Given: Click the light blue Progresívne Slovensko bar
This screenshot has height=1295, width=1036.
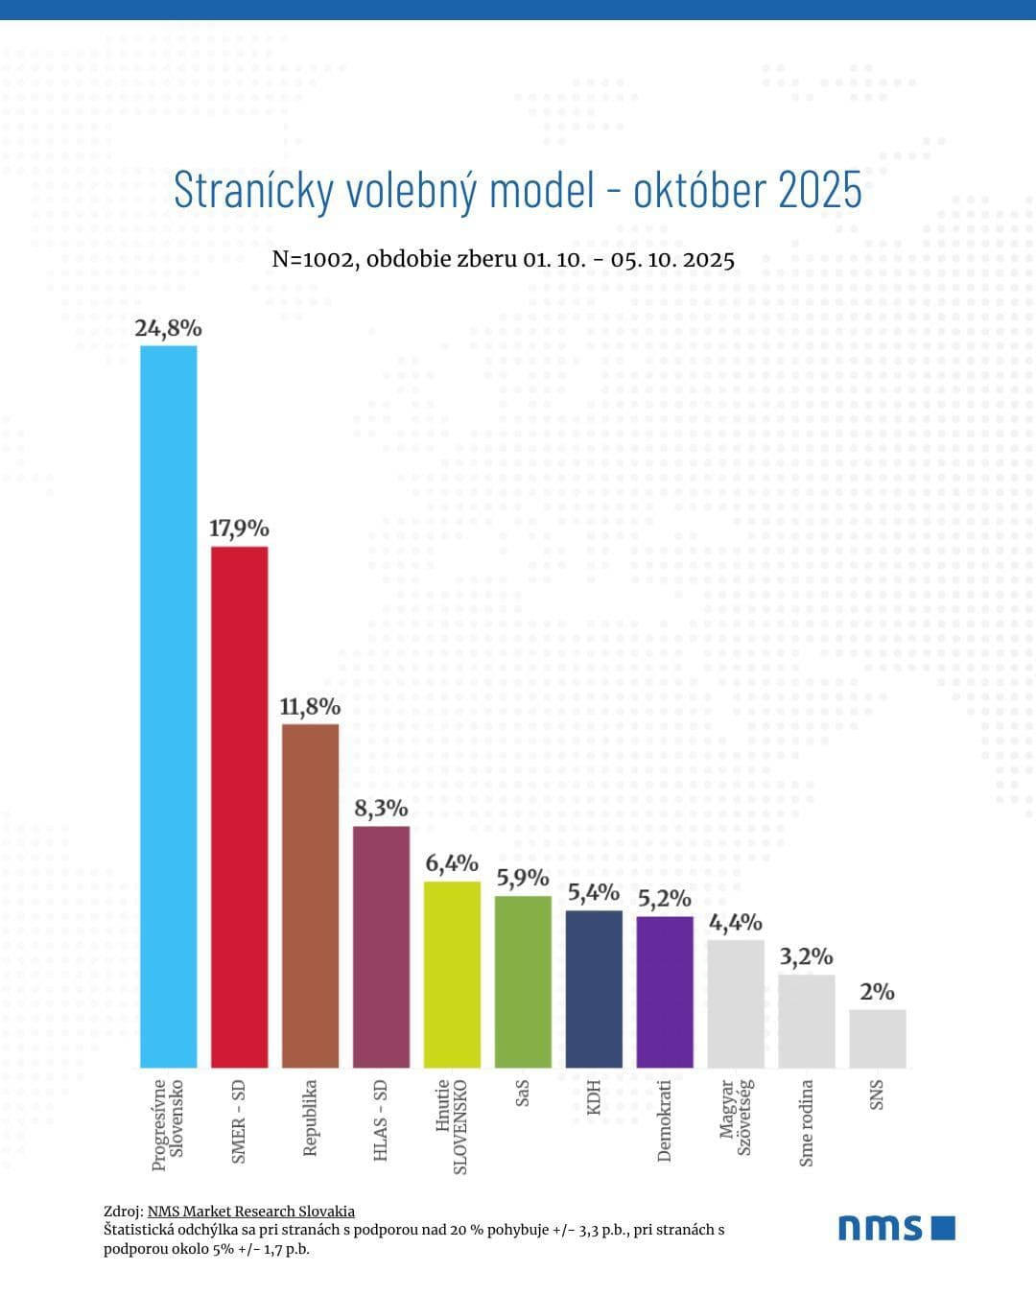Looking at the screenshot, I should [169, 706].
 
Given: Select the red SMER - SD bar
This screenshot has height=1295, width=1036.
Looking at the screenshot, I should [240, 807].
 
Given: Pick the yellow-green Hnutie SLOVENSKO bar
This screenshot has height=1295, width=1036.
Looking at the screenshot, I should [452, 974].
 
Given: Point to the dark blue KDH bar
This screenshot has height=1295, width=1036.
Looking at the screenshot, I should [594, 989].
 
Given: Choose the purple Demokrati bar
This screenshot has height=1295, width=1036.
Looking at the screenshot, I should [665, 992].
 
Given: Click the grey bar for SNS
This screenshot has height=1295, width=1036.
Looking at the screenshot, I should [878, 1038].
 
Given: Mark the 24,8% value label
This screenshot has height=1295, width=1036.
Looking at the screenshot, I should [169, 328].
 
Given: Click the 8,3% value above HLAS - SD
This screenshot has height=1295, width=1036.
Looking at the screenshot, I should [382, 809].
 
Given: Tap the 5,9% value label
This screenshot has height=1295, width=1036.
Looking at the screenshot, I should [523, 878].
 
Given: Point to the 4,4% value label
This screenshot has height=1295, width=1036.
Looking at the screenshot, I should [736, 923].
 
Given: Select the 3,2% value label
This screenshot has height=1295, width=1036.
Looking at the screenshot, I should [806, 956].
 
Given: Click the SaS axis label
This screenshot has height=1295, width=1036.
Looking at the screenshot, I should [523, 1094].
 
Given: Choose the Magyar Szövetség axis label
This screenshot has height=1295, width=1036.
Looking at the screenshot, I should [736, 1118].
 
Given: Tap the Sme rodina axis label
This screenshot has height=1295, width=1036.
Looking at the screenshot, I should [807, 1122].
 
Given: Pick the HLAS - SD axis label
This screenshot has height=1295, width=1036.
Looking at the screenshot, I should [381, 1120].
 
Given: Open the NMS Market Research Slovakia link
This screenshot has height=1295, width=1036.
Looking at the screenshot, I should [251, 1212].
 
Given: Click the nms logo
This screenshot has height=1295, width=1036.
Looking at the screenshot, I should [897, 1228].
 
